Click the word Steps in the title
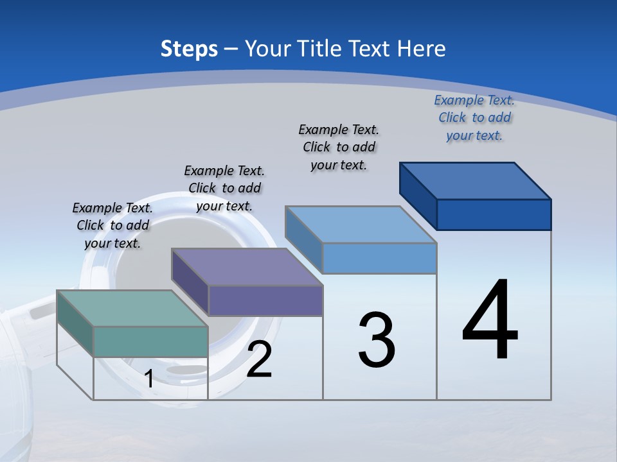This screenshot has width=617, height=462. click(x=189, y=49)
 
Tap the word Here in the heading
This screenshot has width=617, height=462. click(x=421, y=49)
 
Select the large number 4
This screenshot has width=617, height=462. click(x=490, y=321)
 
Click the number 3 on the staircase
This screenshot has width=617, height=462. click(x=377, y=340)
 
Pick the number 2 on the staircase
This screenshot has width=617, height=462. click(x=259, y=360)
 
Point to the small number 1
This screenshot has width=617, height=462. click(x=148, y=379)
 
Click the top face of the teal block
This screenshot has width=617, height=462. click(x=132, y=308)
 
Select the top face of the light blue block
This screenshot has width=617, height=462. click(x=361, y=225)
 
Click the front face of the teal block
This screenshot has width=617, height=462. click(x=150, y=341)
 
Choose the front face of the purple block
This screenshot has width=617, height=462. click(x=265, y=300)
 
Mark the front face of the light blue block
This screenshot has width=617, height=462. click(x=379, y=258)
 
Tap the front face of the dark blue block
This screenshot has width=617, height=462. click(x=494, y=214)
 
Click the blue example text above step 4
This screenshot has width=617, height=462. click(x=474, y=117)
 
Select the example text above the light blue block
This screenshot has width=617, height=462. click(x=339, y=147)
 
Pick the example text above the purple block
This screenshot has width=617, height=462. click(x=224, y=188)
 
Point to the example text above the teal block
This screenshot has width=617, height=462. click(x=112, y=225)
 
